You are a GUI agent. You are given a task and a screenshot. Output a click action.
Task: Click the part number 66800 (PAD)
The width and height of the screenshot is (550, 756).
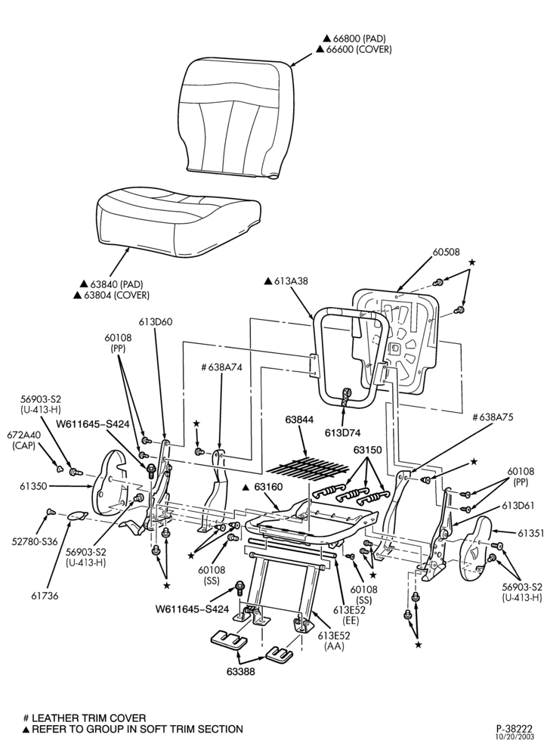(x=354, y=38)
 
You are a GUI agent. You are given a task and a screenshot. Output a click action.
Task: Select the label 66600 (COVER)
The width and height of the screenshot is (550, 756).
(x=354, y=49)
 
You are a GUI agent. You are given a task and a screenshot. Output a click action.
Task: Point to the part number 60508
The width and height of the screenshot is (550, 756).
(x=446, y=252)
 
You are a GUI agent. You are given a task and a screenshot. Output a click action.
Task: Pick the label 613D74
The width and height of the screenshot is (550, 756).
(x=342, y=433)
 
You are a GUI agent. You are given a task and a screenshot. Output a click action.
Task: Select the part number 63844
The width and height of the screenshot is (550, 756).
(x=299, y=420)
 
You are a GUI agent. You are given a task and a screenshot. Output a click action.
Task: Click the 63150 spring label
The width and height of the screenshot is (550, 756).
(x=367, y=451)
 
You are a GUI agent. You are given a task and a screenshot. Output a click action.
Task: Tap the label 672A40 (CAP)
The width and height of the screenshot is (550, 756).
(x=23, y=440)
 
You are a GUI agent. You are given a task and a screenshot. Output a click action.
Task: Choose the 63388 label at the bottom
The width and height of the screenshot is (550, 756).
(x=241, y=671)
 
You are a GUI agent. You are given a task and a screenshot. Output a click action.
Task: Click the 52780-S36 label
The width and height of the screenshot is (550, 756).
(x=35, y=541)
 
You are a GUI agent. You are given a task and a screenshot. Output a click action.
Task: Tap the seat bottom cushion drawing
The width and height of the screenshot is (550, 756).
(x=179, y=223)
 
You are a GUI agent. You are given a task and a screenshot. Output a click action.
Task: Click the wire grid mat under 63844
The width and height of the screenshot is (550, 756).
(x=307, y=468)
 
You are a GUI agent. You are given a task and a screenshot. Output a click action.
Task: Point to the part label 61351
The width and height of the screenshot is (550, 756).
(x=531, y=533)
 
